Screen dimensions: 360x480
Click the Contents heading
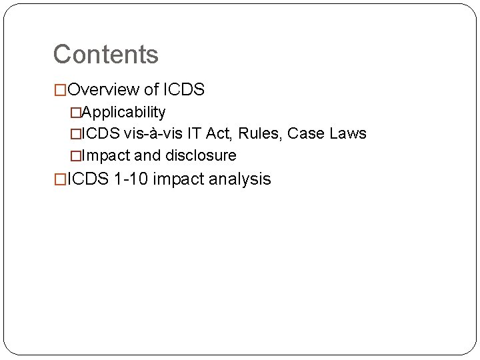click(105, 54)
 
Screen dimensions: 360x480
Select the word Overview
click(104, 89)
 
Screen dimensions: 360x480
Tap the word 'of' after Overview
click(151, 89)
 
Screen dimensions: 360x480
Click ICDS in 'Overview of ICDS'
click(183, 89)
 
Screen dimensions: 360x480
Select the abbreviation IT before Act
click(194, 133)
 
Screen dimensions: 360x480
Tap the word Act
click(217, 133)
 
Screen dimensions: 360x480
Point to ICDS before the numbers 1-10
click(89, 179)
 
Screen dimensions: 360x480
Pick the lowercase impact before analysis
click(177, 179)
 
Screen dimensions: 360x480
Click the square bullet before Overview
click(60, 90)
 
